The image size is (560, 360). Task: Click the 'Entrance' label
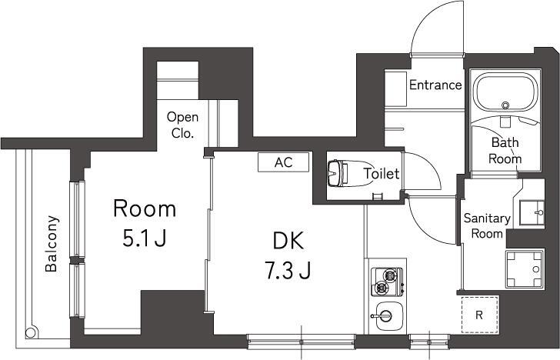435,85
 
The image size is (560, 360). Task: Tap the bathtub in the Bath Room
505,93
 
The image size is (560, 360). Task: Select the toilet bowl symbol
336,174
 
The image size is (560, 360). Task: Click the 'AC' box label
284,162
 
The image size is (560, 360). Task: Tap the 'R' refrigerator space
478,315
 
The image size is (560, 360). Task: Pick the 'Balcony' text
52,244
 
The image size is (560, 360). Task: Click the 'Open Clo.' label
183,125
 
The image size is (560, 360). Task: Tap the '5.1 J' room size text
145,239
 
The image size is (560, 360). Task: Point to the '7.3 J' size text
290,271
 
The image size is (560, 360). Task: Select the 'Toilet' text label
381,174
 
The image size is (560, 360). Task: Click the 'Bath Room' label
505,151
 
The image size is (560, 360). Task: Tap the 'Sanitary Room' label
486,225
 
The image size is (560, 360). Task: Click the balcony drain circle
31,333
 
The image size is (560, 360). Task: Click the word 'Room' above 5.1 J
145,208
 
